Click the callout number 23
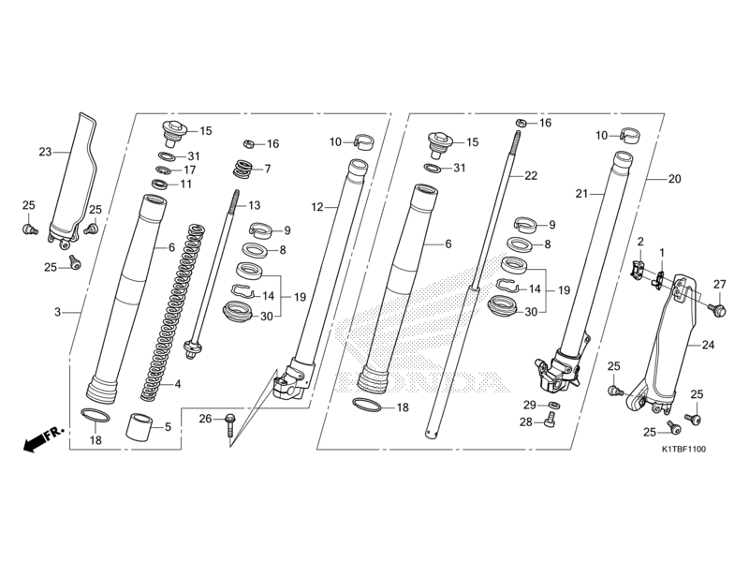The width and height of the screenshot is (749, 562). [44, 150]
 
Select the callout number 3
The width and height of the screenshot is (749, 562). [58, 312]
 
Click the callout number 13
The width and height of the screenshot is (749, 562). [253, 205]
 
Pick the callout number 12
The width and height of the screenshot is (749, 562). [316, 205]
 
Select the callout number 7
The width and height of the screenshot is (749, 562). [267, 169]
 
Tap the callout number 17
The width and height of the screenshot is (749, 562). [189, 170]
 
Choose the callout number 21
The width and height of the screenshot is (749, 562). [580, 193]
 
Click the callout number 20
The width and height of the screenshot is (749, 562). [675, 178]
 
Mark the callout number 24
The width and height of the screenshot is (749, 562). [708, 345]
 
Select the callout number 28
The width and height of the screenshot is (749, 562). [525, 422]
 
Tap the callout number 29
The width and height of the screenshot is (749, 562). [527, 404]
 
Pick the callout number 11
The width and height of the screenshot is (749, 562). [186, 185]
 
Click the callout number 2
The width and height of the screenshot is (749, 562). [640, 242]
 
